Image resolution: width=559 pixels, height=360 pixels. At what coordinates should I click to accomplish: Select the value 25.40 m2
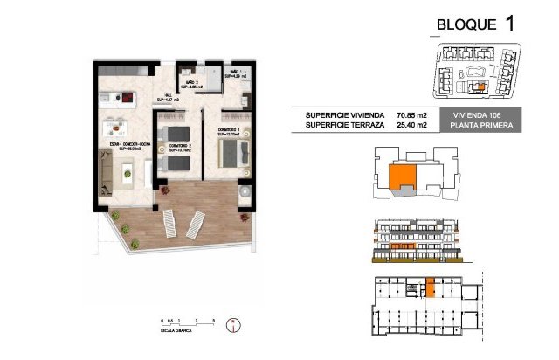coord(411,126)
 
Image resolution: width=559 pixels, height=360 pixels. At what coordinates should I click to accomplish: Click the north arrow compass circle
coord(231,326)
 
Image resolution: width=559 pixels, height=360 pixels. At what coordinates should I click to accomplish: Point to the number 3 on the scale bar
coord(213,322)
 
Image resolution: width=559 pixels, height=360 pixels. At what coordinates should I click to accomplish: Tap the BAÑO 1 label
coord(236,74)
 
